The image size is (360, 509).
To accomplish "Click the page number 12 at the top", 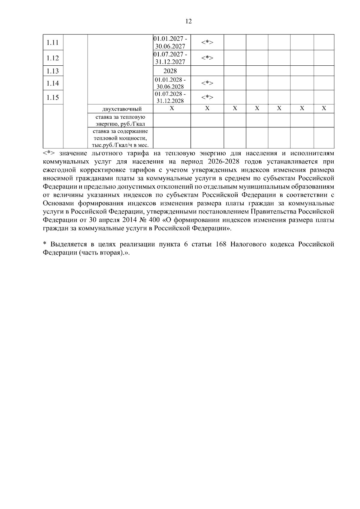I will click(188, 21).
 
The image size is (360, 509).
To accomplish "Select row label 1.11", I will click(53, 43).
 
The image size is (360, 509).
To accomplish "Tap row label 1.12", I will click(53, 58).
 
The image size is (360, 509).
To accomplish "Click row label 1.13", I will click(53, 71).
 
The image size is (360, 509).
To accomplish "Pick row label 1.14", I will click(53, 83).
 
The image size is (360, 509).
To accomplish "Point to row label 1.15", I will click(53, 97).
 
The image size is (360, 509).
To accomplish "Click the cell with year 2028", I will click(170, 71).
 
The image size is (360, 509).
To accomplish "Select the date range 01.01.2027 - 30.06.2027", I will click(171, 43).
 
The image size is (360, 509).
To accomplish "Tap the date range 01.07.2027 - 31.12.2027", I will click(171, 58).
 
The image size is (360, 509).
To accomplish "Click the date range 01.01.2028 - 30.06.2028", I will click(170, 83).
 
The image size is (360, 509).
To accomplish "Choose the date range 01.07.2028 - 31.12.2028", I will click(170, 97).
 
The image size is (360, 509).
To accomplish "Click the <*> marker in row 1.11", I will click(207, 43).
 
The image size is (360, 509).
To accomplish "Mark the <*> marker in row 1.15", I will click(207, 97).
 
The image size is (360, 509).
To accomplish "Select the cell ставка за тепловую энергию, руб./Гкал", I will click(120, 120).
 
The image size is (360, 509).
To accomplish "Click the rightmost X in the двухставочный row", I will click(324, 109).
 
